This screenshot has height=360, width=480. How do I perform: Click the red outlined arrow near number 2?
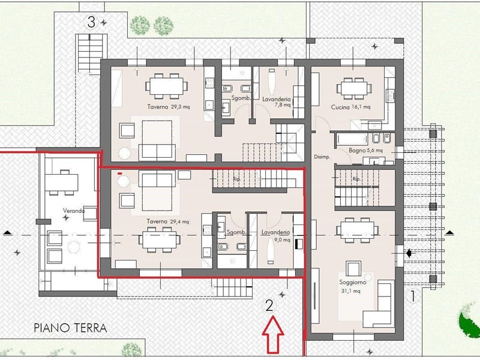273,334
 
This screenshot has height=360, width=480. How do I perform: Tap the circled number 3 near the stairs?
91,22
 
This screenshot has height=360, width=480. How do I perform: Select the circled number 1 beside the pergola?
412,296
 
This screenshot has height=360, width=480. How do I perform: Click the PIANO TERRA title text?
70,328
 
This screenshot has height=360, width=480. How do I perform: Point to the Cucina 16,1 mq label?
350,107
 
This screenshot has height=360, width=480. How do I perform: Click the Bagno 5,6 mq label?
365,151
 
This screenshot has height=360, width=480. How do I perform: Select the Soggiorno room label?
352,282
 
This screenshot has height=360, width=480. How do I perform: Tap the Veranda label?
73,211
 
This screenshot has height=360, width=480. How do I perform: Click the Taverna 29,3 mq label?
169,107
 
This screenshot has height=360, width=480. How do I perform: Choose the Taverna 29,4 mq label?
168,221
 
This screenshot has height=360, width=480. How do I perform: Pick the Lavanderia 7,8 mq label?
277,102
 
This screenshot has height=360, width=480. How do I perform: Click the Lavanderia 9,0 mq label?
275,235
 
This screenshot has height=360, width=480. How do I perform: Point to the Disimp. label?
322,157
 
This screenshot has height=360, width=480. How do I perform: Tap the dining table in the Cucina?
354,88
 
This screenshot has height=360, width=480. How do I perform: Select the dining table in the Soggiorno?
357,230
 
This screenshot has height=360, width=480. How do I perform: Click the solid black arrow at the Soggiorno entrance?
409,253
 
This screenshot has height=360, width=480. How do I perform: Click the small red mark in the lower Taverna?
120,173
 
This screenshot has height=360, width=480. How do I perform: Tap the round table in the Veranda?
73,247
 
